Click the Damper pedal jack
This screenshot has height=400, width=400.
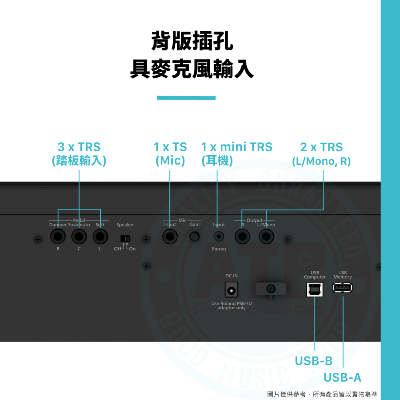58,237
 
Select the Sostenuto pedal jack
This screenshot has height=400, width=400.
79,237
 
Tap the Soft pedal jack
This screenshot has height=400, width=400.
100,237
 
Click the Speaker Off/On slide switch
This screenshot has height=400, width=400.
125,238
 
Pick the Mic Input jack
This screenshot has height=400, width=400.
170,237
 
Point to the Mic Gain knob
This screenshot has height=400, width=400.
194,237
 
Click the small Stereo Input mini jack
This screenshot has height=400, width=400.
218,237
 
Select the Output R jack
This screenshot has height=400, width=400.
242,237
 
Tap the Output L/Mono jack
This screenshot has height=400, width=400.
266,237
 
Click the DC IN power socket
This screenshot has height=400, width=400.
231,289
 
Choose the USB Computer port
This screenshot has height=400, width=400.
315,289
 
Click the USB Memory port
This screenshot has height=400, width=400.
343,288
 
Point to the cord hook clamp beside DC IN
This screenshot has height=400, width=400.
271,288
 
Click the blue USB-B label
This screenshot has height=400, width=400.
314,361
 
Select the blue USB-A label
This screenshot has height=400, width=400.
342,377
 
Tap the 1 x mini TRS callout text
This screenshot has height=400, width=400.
236,147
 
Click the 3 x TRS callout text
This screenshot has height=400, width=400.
79,147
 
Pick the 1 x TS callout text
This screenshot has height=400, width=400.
170,147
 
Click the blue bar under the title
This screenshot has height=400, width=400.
186,98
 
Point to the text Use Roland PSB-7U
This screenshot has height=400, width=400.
232,304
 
